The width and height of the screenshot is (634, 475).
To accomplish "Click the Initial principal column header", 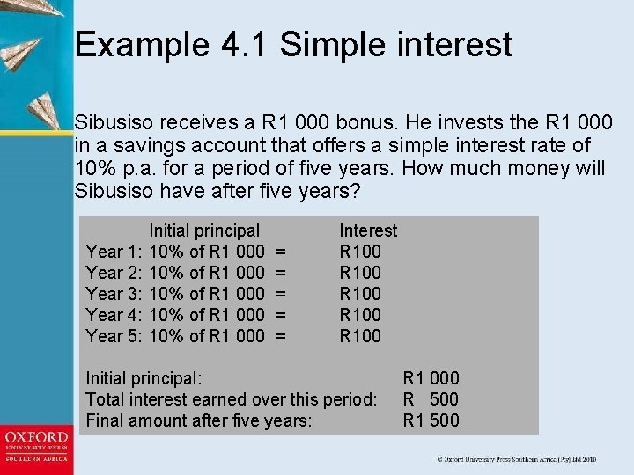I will [x=204, y=230].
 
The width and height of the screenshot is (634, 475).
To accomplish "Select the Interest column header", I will [x=368, y=230].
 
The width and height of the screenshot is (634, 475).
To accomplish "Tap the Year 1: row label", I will [x=114, y=252].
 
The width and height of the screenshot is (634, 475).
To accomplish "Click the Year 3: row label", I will [x=114, y=294].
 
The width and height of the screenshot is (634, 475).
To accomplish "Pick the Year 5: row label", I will [x=114, y=335].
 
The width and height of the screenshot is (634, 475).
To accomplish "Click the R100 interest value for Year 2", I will [x=360, y=273].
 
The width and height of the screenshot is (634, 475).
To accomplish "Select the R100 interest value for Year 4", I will [x=360, y=314].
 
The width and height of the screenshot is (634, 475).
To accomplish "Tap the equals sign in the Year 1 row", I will [x=282, y=252].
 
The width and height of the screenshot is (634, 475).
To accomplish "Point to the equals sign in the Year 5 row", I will [x=282, y=335].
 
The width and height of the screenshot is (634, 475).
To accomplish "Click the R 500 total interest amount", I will [x=431, y=399].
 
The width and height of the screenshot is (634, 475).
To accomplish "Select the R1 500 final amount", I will [x=431, y=420].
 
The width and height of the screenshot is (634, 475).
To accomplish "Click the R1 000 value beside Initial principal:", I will [x=431, y=378].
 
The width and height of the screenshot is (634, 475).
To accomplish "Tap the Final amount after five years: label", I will [x=198, y=420].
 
